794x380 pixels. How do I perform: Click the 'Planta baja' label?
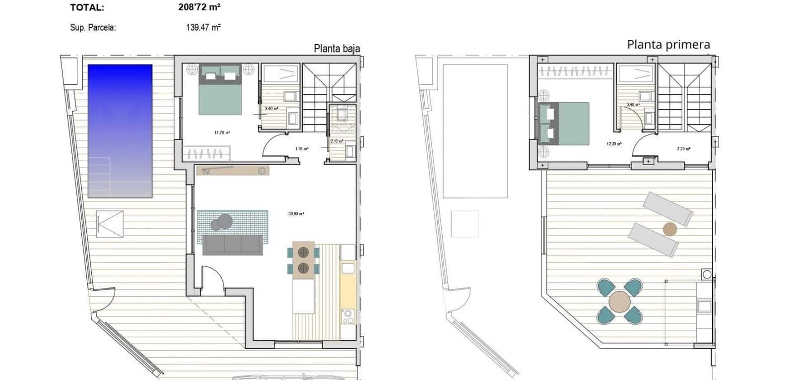[x=336, y=49]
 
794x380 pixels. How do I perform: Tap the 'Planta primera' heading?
[x=668, y=45]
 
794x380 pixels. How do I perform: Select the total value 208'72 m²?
[x=199, y=7]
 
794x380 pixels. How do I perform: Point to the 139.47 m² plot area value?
[x=203, y=28]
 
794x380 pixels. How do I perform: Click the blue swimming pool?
[x=120, y=130]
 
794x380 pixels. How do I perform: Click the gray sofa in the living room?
[x=232, y=245]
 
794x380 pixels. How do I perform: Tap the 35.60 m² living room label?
[x=296, y=214]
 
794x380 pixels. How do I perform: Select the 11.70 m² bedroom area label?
[x=222, y=132]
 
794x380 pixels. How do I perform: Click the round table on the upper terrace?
[x=620, y=301]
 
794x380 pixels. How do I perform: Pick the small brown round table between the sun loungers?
[x=669, y=229]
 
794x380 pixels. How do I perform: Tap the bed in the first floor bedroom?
[x=564, y=124]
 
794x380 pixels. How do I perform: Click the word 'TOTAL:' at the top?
[x=87, y=7]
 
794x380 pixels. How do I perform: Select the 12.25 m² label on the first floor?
[x=614, y=144]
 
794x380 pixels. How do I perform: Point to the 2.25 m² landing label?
[x=683, y=148]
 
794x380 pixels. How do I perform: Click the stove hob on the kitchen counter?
[x=347, y=317]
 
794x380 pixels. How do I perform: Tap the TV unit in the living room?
[x=233, y=171]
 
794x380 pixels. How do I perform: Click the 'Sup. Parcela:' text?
[x=93, y=28]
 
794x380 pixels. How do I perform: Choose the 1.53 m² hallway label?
[x=302, y=148]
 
